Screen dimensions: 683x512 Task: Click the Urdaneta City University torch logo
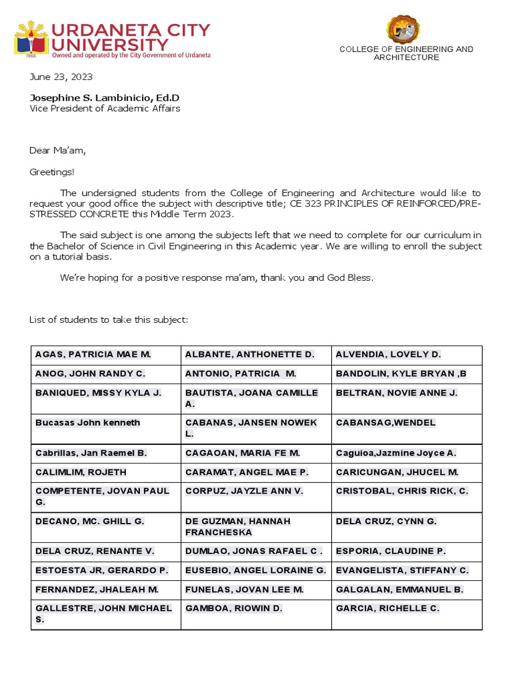coord(31,39)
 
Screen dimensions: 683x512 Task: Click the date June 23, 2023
coord(61,77)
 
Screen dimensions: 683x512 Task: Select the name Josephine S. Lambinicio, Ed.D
coord(104,97)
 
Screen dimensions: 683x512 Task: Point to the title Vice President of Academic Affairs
coord(104,108)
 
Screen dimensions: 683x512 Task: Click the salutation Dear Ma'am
coord(57,150)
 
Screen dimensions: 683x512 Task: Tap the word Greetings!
coord(52,171)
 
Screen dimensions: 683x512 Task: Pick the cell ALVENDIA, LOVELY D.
coord(388,355)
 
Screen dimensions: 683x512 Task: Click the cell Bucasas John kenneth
coord(87,422)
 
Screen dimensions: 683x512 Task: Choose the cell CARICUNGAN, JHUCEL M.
coord(397,472)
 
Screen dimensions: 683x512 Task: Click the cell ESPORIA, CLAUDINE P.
coord(391,551)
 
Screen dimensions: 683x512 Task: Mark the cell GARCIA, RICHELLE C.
coord(387,608)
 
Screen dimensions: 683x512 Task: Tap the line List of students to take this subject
coord(109,319)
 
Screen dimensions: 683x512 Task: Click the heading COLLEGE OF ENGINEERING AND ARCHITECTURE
coord(406,53)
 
